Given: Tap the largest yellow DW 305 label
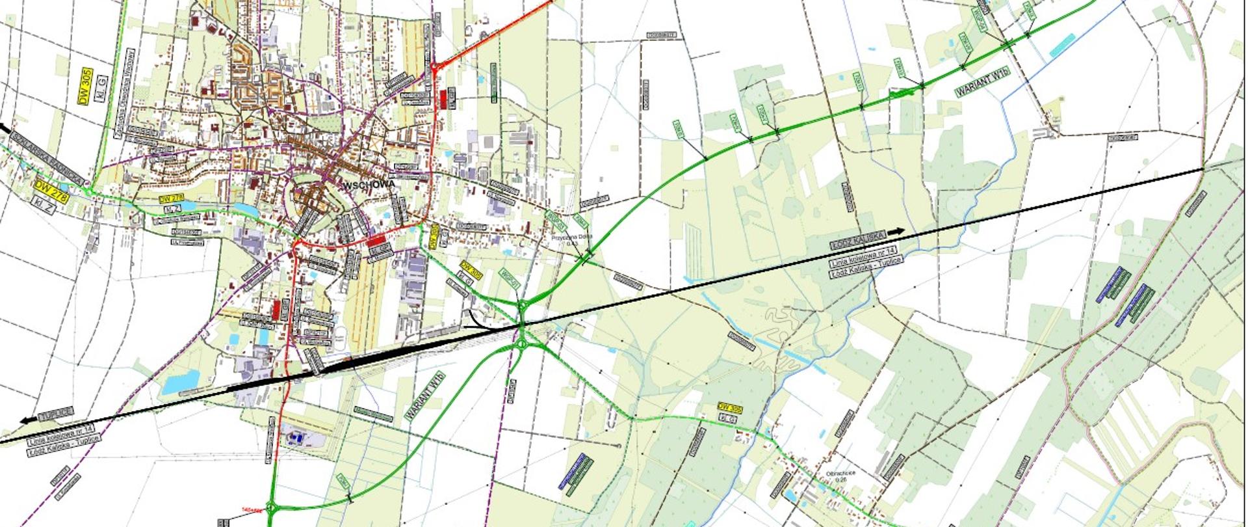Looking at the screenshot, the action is click(85, 87).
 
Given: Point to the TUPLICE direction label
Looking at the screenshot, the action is click(55, 414).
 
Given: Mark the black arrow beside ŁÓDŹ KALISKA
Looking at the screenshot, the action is click(897, 231).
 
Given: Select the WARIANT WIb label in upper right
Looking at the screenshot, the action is click(983, 82).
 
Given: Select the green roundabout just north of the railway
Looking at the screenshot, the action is click(522, 305).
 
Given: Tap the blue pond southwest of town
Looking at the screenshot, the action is click(180, 383).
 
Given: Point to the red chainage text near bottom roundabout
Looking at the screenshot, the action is click(250, 510).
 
